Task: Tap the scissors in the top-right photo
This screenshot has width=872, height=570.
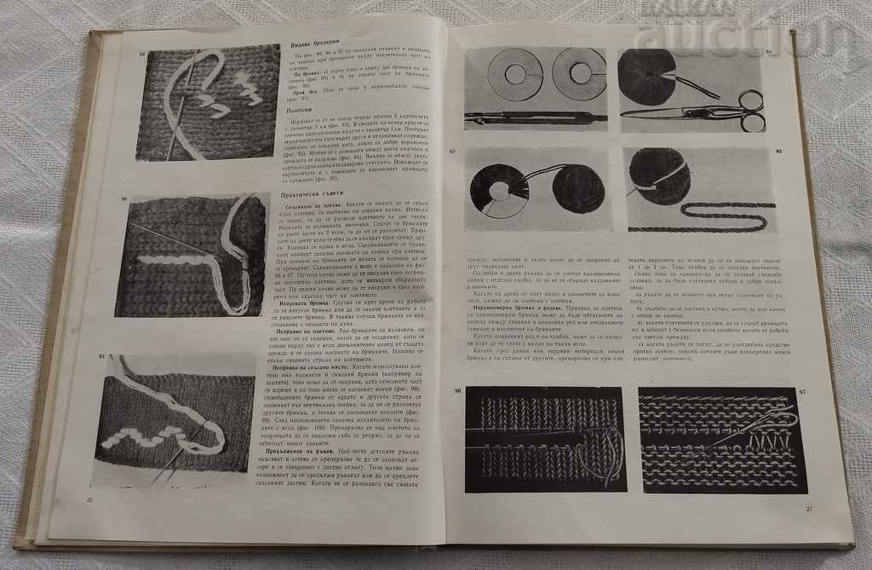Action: [698, 111]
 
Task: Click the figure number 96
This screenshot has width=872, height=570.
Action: [458, 391]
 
